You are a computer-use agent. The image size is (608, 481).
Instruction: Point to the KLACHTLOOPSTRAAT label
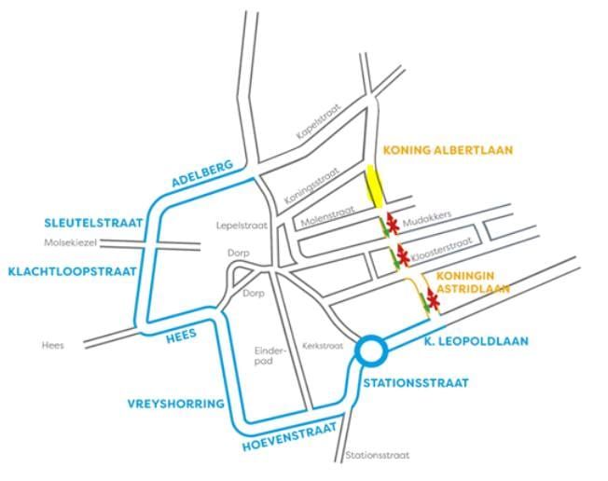coord(72,271)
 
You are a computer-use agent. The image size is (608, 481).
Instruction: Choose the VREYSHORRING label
coord(176,404)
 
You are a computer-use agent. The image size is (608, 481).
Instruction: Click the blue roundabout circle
coord(371,352)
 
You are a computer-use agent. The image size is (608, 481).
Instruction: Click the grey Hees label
coord(53,345)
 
